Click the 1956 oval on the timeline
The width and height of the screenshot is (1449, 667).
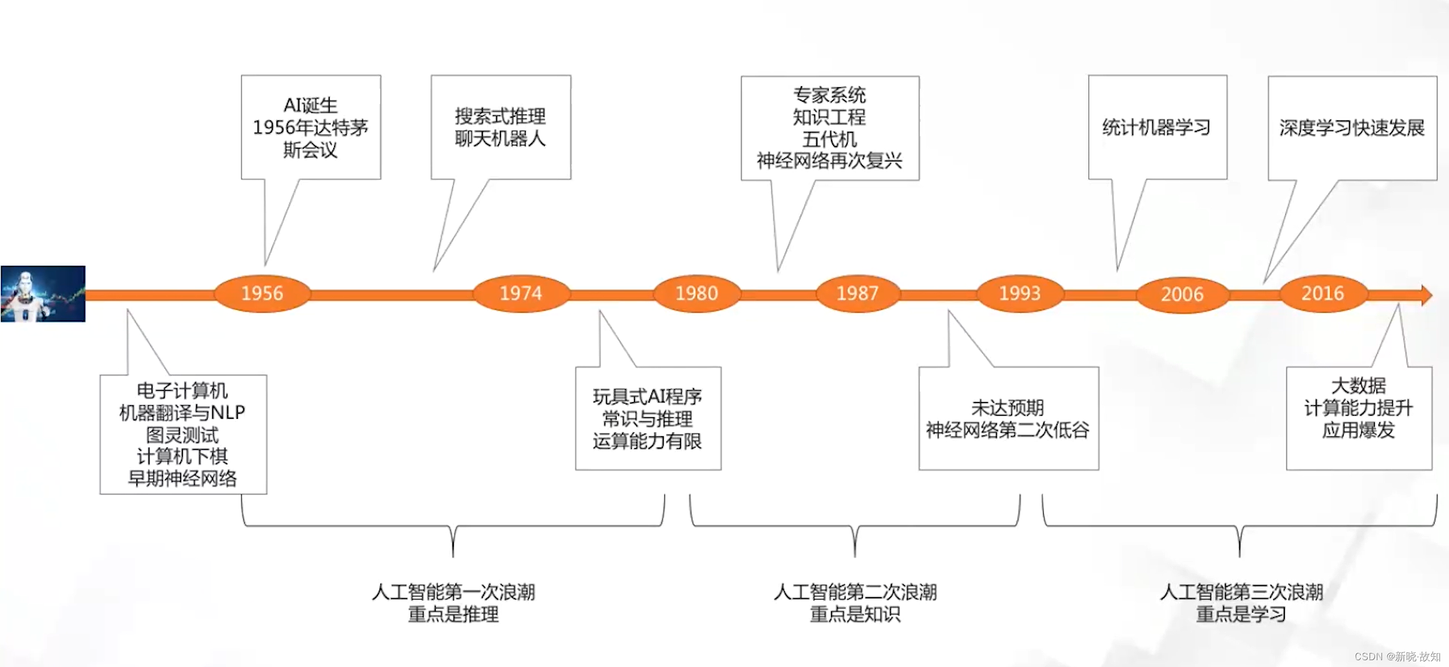click(x=262, y=293)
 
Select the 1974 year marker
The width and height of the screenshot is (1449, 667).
click(x=521, y=293)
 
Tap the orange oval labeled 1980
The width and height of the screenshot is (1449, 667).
click(x=696, y=293)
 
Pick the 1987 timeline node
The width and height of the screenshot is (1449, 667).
click(x=857, y=293)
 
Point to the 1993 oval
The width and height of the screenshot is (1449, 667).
click(x=1020, y=293)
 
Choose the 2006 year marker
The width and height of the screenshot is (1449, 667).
click(x=1182, y=294)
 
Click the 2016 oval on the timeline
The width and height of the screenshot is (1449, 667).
click(x=1322, y=293)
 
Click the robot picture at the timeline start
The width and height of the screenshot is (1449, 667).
click(x=43, y=293)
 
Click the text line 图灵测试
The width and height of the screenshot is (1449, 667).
click(x=182, y=435)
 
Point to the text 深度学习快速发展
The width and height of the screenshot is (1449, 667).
click(x=1352, y=128)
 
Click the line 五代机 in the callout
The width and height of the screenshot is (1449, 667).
click(x=829, y=139)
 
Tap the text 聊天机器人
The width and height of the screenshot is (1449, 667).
click(x=500, y=139)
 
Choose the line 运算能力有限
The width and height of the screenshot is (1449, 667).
click(x=648, y=441)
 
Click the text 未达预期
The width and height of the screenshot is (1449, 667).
click(x=1008, y=408)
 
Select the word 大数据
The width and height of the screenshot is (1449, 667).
click(x=1359, y=385)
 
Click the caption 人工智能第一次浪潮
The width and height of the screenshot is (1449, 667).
click(x=453, y=592)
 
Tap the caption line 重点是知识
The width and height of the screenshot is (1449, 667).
click(x=855, y=614)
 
